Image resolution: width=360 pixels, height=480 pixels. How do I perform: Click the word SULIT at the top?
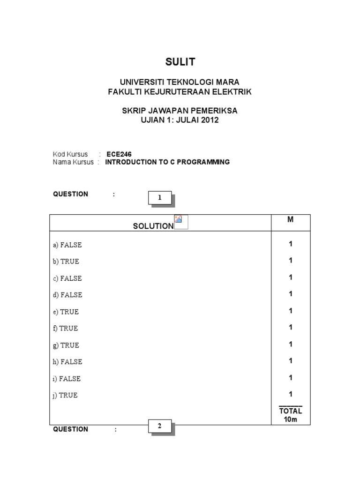tap(180, 62)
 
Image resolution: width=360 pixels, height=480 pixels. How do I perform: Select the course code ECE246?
tap(119, 154)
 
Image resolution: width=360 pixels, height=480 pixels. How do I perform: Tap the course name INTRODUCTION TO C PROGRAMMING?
tap(167, 162)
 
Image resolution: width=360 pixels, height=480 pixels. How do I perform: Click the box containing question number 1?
tap(160, 198)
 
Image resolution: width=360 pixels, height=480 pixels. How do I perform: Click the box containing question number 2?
tap(160, 426)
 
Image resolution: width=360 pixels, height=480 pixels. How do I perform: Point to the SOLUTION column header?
tap(153, 226)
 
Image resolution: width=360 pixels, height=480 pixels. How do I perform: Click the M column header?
tap(291, 219)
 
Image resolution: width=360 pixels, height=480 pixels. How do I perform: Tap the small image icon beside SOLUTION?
tap(180, 221)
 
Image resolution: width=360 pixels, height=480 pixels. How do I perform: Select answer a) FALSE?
tap(67, 245)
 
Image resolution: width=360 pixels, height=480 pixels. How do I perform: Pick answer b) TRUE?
tap(66, 262)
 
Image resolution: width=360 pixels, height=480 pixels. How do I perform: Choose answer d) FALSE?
tap(68, 295)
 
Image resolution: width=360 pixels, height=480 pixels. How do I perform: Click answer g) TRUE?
tap(66, 345)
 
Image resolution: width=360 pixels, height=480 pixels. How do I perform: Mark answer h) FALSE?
tap(68, 362)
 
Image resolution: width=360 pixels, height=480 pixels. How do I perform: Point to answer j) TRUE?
tap(66, 395)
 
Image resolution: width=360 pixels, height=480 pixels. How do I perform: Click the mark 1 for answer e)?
tap(291, 311)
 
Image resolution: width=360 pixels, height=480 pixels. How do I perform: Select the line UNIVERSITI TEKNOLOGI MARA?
tap(180, 82)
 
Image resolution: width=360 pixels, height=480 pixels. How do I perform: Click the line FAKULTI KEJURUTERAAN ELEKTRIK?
tap(180, 92)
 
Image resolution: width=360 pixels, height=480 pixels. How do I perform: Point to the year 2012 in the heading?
tap(210, 120)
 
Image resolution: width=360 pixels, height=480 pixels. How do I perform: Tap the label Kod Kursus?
tap(70, 154)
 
